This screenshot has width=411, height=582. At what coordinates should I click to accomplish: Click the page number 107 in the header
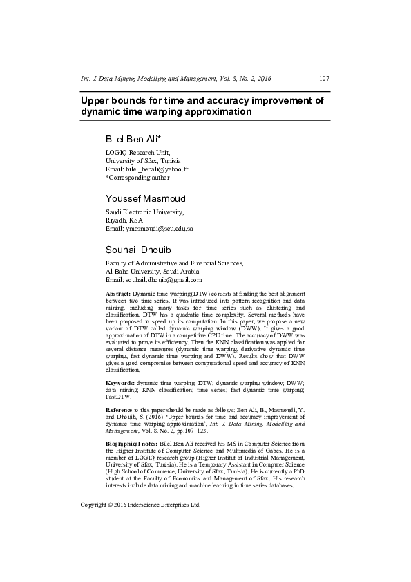[x=323, y=79]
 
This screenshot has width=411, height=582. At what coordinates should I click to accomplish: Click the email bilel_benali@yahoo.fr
[x=157, y=169]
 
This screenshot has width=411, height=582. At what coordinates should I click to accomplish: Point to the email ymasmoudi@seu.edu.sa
[x=159, y=228]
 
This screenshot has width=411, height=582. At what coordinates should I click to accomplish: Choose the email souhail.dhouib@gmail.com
[x=164, y=280]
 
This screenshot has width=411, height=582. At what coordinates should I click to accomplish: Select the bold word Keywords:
[x=120, y=382]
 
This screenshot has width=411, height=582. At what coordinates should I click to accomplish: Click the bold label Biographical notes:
[x=131, y=441]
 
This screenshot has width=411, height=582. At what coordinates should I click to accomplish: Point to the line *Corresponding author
[x=136, y=178]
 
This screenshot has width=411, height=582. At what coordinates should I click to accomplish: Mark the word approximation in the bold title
[x=219, y=111]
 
